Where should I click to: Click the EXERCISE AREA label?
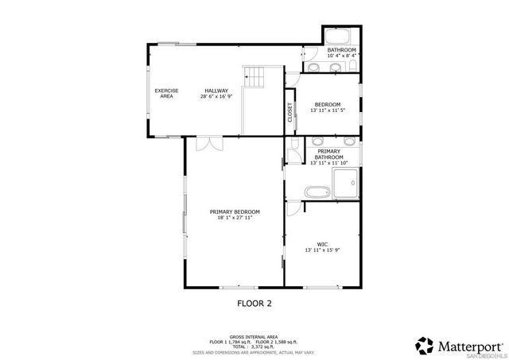point(166,93)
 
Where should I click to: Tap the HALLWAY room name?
point(216,91)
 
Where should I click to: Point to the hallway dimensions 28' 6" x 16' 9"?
point(216,96)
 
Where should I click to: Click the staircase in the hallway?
point(254,78)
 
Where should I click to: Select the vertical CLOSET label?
point(290,112)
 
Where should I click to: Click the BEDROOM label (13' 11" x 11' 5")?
point(328,105)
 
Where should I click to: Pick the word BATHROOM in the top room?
point(342,50)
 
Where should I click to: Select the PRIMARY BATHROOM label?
point(329,154)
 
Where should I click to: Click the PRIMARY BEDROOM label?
point(235,211)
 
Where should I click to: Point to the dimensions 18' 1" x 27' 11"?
point(235,218)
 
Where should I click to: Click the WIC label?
point(322,244)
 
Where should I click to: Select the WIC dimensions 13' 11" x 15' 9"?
point(322,250)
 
